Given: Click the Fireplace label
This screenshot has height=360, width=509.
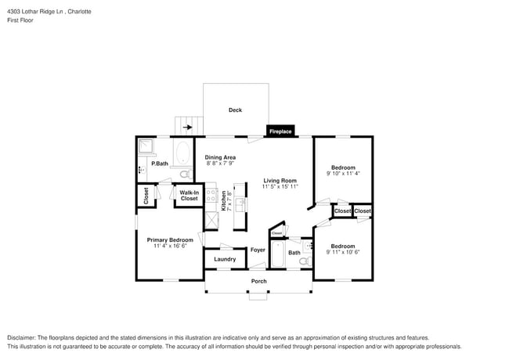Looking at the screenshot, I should coord(280,131).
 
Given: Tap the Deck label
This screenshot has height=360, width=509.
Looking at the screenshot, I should coord(235,110).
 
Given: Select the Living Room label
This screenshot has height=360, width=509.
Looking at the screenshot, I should coord(280,181).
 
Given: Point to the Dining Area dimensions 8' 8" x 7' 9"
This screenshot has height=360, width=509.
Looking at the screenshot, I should coord(221,164).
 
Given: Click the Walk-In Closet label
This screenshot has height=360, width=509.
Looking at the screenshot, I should coord(189,196).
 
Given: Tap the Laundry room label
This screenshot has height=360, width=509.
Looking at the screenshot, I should coord(225,259).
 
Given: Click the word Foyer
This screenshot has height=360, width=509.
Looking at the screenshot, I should coord(258,250).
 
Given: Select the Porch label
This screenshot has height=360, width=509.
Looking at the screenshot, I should coord(258,281).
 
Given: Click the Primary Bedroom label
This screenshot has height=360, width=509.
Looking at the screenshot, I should coord(170,239).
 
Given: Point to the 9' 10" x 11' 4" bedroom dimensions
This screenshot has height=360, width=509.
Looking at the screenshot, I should coord(343,174).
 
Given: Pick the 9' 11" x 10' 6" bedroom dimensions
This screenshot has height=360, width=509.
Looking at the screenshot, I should coord(343,252).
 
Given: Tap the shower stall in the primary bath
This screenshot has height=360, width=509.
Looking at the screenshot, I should coord(146,146).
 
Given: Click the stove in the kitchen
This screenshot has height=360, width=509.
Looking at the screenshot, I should coord(212,196).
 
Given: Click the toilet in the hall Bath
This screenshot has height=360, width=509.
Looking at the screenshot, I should coord(305,261).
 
